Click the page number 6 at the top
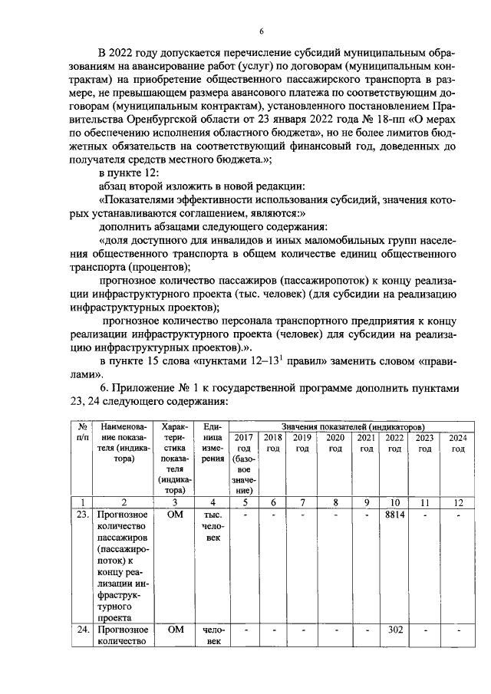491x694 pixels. click(262, 31)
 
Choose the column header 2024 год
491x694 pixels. click(458, 442)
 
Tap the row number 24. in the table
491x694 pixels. click(81, 630)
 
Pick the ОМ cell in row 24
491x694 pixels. click(176, 630)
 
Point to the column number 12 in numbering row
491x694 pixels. click(458, 502)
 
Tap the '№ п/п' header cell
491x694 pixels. click(81, 432)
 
